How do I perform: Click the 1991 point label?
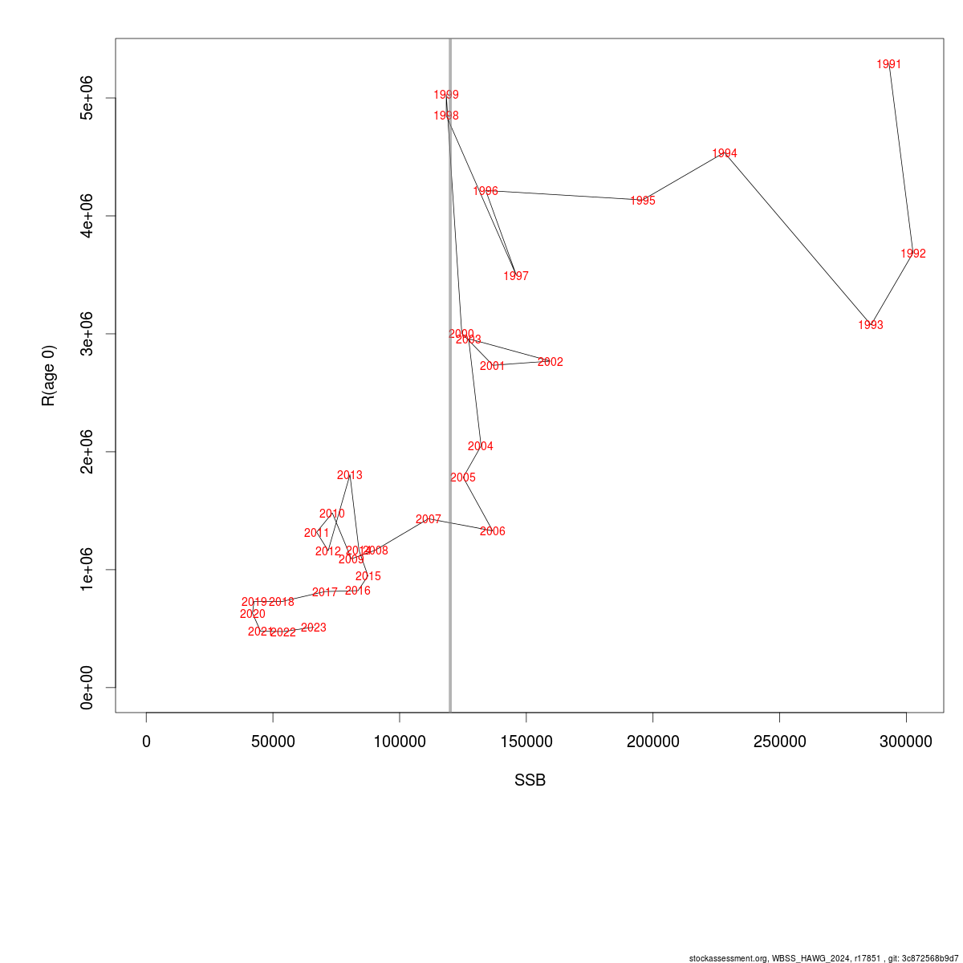pos(889,64)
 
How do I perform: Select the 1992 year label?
pos(913,254)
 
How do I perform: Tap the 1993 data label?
pos(871,325)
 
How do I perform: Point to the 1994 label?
pos(725,153)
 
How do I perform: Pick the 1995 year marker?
pos(643,201)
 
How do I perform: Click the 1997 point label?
pos(516,276)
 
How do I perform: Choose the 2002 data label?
pos(551,362)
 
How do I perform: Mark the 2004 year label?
pos(481,446)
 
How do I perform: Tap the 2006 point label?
pos(493,531)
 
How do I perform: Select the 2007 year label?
pos(429,519)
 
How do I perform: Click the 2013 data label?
pos(350,475)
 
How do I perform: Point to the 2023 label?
pos(314,628)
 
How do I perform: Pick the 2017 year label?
pos(325,592)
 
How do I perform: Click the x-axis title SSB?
pos(530,780)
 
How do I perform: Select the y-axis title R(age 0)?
pos(49,376)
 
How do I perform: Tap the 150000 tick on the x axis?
pos(526,742)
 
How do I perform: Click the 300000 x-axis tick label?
pos(906,742)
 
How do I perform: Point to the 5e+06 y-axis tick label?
pos(87,98)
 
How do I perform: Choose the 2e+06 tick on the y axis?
pos(87,452)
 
